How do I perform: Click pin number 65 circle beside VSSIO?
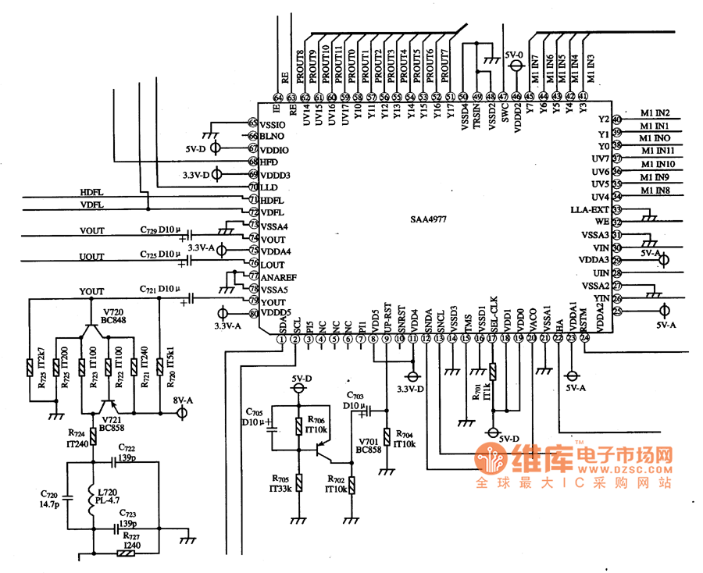[x=252, y=123]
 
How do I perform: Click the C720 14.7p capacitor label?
[x=50, y=500]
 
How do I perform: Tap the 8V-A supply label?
[x=182, y=400]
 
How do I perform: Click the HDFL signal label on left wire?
[x=92, y=191]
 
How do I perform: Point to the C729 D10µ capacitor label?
[x=161, y=230]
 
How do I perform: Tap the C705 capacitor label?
[x=253, y=416]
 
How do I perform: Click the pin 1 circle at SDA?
[x=281, y=338]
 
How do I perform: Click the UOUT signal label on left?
[x=92, y=256]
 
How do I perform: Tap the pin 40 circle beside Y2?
[x=616, y=119]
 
